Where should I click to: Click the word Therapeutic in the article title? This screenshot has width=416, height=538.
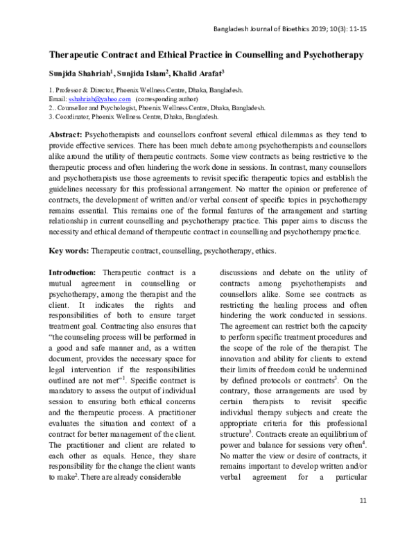pos(78,53)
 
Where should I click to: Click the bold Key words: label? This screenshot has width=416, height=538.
pos(69,250)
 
